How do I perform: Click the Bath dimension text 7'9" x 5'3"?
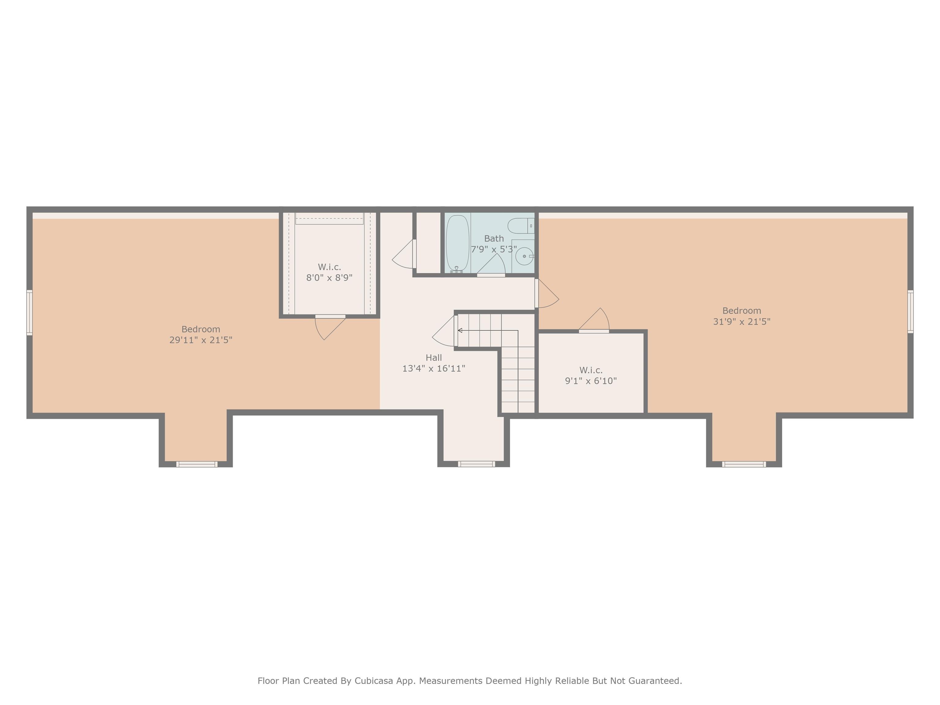pos(494,249)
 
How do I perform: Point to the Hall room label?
pos(434,358)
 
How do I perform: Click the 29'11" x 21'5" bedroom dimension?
pos(201,340)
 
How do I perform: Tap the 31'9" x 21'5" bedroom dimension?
pos(741,322)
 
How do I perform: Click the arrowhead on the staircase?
pos(460,330)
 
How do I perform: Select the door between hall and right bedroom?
pos(547,293)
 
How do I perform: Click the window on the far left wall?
pos(29,313)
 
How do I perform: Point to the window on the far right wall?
pos(910,311)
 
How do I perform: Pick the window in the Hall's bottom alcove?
pos(476,464)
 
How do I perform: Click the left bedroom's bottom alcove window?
pos(197,464)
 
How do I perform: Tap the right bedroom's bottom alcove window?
pos(744,464)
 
